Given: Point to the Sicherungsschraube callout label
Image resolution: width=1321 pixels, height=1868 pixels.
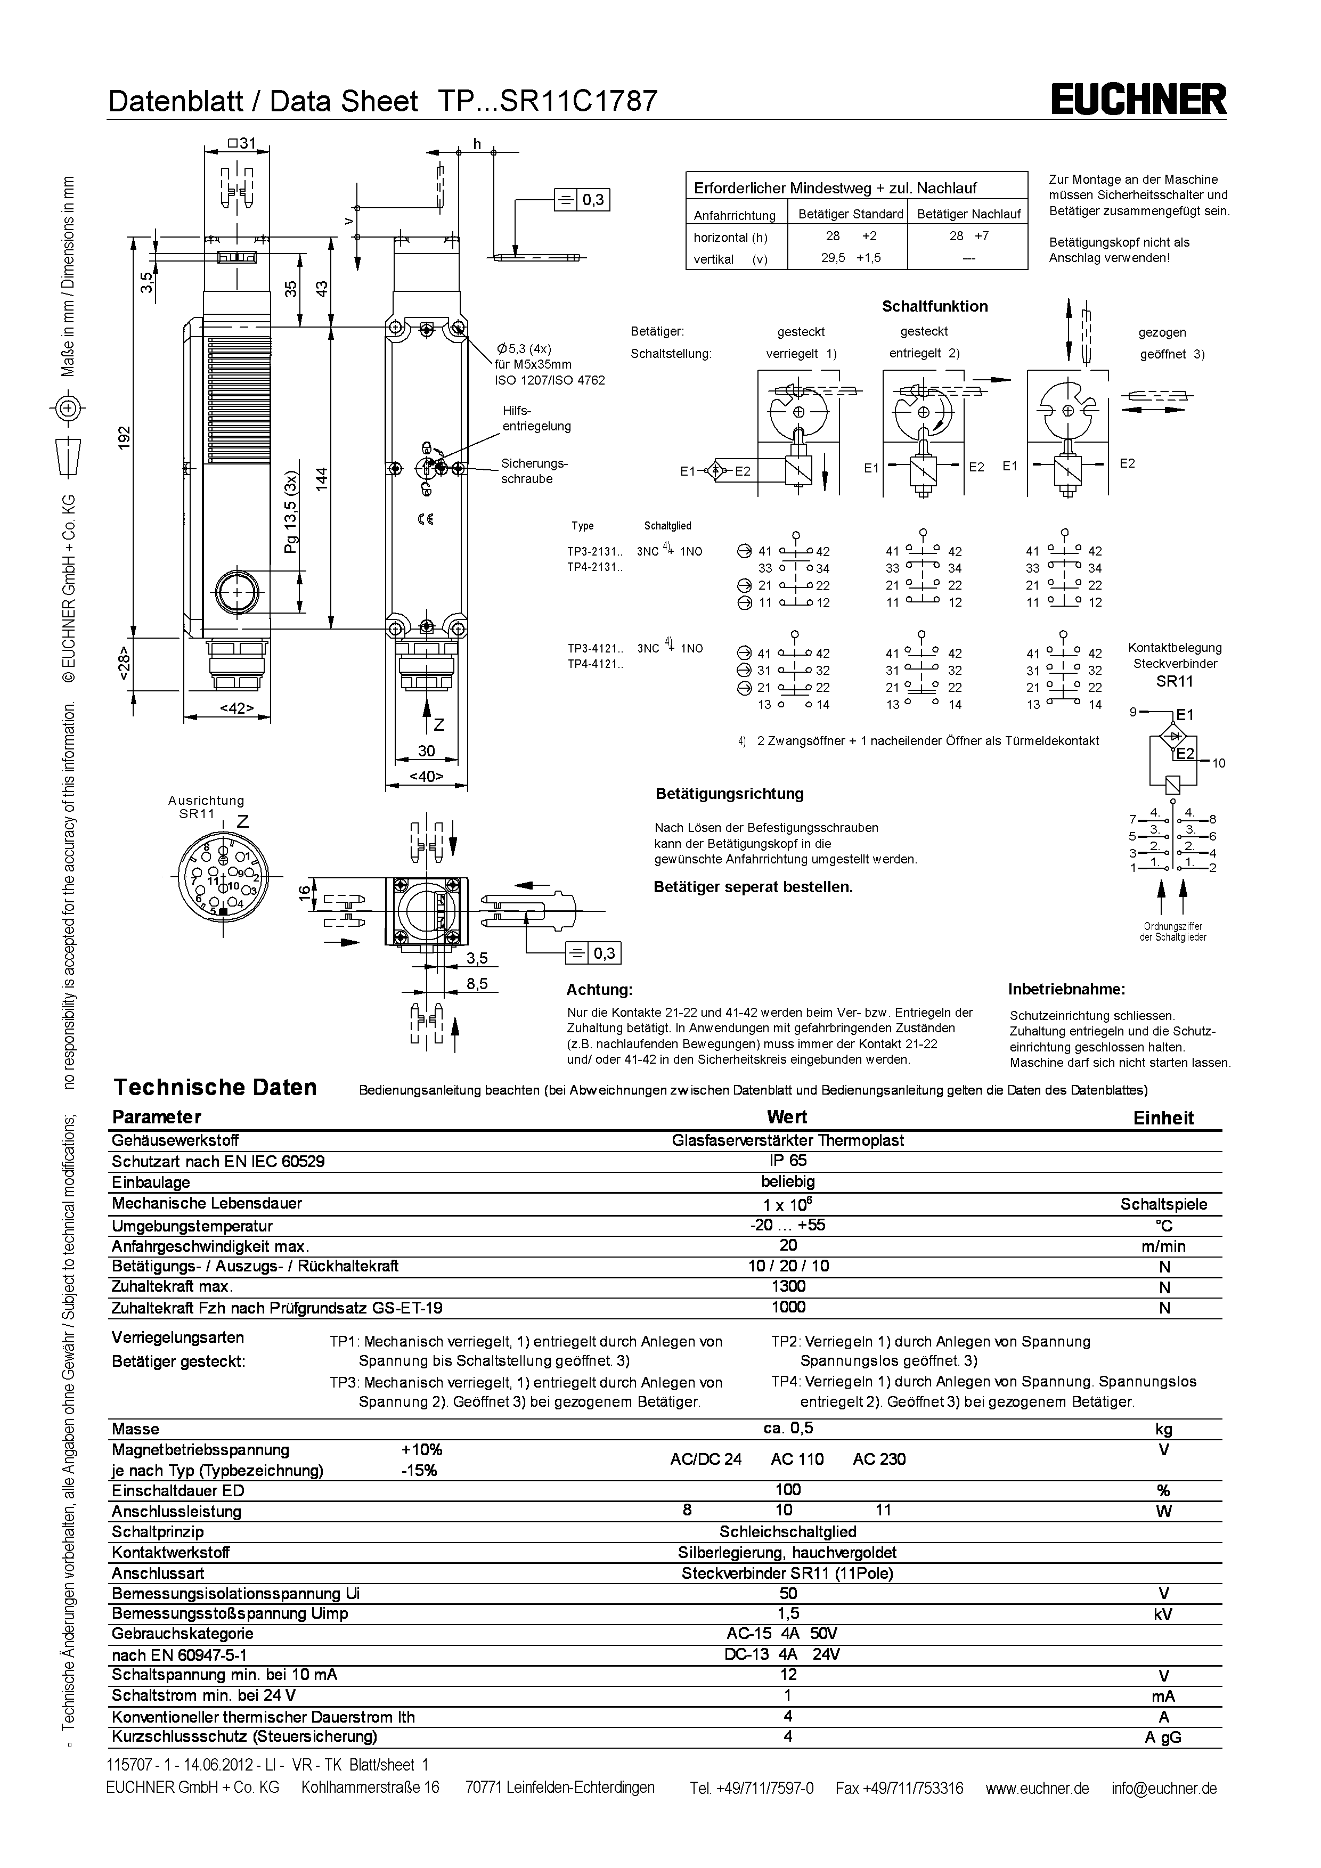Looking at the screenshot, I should click(x=534, y=471).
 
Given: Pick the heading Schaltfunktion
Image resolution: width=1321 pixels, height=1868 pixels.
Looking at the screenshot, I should click(x=935, y=307).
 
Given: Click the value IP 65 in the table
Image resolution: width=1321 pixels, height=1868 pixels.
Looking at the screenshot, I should click(x=787, y=1161).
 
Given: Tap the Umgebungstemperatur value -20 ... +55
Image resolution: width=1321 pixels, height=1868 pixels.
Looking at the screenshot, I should click(x=787, y=1225).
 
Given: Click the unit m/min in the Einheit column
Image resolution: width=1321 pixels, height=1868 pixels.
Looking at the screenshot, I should click(x=1163, y=1246).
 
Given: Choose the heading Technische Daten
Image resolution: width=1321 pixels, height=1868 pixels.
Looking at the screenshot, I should click(x=215, y=1088).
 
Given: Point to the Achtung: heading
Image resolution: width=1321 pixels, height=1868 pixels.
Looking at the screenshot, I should click(x=599, y=990).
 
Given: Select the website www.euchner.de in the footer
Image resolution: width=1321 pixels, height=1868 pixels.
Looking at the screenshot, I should click(x=1037, y=1788).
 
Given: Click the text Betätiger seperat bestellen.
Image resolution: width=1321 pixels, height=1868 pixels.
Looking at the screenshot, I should click(x=753, y=887).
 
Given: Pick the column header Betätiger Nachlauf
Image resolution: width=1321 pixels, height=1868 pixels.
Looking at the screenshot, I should click(x=968, y=214).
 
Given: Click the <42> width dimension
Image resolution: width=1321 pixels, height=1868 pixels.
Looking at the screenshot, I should click(x=236, y=708).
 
